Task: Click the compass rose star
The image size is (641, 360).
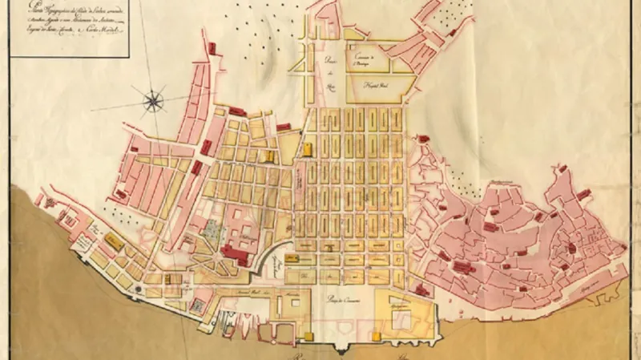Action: click(153, 100)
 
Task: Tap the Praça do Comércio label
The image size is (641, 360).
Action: click(348, 299)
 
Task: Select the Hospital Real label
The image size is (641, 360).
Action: click(376, 83)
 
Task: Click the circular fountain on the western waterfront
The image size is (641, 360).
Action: click(140, 287)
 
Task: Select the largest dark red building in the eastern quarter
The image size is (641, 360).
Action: click(464, 267)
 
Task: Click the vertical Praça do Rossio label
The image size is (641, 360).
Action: click(329, 68)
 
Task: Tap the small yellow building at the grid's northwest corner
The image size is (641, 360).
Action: click(309, 148)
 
